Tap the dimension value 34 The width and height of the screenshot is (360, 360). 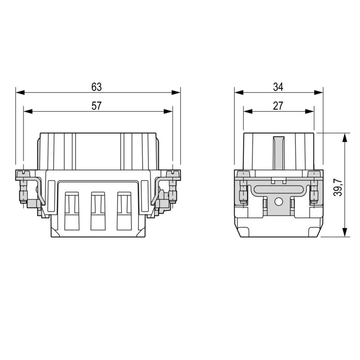278,86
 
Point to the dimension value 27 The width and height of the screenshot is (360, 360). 278,106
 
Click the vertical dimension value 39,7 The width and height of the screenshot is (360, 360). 339,185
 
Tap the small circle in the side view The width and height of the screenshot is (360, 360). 278,202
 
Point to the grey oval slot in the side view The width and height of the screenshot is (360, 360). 278,189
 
